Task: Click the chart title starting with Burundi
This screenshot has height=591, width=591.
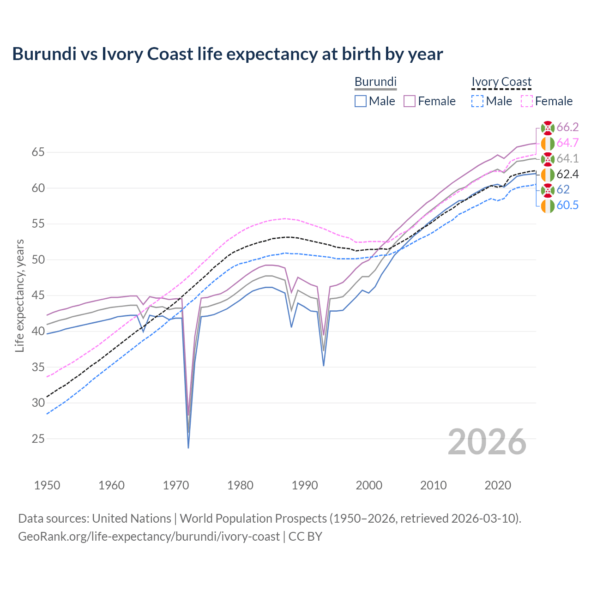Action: click(x=227, y=54)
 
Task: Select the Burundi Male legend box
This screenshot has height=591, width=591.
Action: click(x=361, y=101)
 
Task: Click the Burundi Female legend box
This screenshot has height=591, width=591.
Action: click(x=410, y=101)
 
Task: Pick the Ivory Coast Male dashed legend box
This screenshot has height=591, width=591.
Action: click(x=477, y=101)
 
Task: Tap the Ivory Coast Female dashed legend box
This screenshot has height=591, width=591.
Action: click(x=527, y=101)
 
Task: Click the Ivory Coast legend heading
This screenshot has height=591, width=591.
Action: click(x=501, y=82)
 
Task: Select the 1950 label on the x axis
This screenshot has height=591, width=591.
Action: click(x=47, y=485)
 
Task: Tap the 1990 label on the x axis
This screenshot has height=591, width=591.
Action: click(x=305, y=485)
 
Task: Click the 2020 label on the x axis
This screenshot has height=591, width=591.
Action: click(x=498, y=485)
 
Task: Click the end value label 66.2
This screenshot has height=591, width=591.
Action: click(x=567, y=127)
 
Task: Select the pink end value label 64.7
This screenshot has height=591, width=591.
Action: click(x=567, y=143)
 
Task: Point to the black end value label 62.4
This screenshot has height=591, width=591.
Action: click(x=567, y=174)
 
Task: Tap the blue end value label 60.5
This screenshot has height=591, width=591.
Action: click(x=567, y=205)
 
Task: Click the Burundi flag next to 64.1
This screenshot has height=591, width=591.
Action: click(x=548, y=159)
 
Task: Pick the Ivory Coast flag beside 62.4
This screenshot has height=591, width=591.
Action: click(x=548, y=175)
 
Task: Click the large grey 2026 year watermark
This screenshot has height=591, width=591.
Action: click(x=487, y=442)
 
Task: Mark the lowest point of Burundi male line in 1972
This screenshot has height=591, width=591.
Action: click(x=188, y=447)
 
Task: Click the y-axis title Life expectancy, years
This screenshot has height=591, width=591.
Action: click(x=20, y=295)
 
